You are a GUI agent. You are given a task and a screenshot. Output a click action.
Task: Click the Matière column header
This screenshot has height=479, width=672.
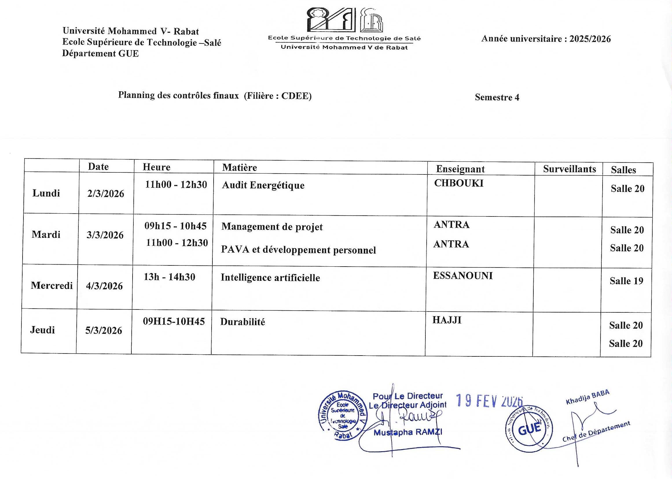[x=239, y=167]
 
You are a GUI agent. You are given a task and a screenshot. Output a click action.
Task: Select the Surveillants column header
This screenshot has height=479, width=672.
[x=569, y=169]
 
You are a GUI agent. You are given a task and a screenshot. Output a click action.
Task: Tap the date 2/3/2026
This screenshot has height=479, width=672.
[x=105, y=194]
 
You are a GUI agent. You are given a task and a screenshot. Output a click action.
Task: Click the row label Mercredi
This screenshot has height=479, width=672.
[x=52, y=285]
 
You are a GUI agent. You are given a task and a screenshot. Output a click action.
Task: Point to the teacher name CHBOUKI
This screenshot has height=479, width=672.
[x=459, y=183]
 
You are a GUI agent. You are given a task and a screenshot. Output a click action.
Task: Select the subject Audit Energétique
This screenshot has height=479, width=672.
[x=263, y=185]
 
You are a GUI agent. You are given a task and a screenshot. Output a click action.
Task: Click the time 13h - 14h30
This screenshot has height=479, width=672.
[x=169, y=277]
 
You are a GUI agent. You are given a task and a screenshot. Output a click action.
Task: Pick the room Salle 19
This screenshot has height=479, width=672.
[x=626, y=281]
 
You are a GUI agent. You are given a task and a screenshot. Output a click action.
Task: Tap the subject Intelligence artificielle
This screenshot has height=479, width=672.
[x=270, y=278]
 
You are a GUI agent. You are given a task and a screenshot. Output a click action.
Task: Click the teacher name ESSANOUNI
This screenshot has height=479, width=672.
[x=462, y=276]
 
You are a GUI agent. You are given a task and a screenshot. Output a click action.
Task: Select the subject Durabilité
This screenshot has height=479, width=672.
[x=243, y=321]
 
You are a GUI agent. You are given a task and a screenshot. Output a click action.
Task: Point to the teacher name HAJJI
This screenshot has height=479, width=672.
[x=447, y=320]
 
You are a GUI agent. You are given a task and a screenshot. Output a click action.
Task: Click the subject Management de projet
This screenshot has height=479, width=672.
[x=272, y=227]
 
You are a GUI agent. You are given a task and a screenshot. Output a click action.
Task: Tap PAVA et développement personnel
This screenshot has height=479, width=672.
[x=298, y=250]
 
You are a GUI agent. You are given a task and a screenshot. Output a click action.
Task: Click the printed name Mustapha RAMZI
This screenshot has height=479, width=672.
[x=408, y=432]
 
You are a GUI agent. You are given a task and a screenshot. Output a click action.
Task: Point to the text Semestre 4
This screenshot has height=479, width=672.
[x=497, y=97]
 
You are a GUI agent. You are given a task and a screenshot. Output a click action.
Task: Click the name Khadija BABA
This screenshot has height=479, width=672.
[x=587, y=397]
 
